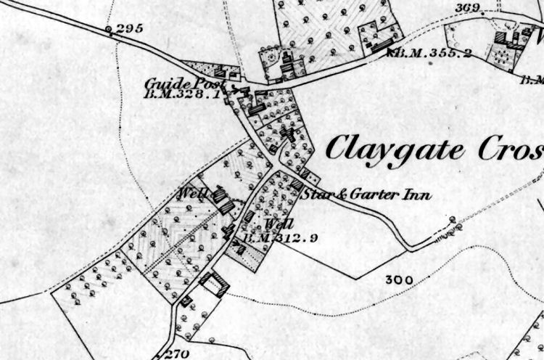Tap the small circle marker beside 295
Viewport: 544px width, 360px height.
(x=109, y=30)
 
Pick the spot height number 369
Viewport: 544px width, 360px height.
(x=469, y=9)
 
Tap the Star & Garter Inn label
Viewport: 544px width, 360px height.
(x=366, y=195)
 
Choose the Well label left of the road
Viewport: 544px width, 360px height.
(x=194, y=194)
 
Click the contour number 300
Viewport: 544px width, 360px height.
(x=399, y=279)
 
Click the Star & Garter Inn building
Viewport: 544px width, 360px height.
(x=297, y=186)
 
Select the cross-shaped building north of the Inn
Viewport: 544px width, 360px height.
(x=289, y=134)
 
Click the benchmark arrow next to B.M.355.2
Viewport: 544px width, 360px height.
(x=392, y=52)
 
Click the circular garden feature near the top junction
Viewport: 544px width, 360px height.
(x=273, y=55)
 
